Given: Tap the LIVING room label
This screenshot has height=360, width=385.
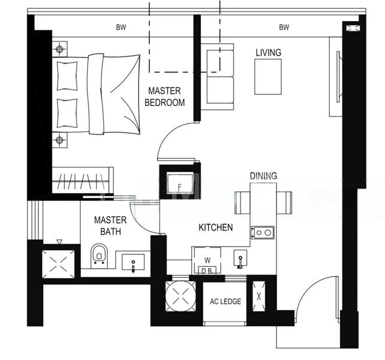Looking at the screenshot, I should [x=268, y=53].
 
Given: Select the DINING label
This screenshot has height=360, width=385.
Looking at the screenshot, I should [x=263, y=176].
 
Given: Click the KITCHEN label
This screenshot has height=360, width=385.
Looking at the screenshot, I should [x=216, y=228].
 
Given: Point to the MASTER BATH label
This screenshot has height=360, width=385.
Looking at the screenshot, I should [x=110, y=226].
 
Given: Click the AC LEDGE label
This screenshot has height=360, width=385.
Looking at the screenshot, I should [x=225, y=302].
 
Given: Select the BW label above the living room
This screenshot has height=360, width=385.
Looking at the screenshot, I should [x=284, y=28].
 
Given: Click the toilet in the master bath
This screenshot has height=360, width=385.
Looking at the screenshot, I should [x=100, y=256].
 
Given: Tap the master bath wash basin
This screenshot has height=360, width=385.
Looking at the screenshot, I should [x=133, y=262].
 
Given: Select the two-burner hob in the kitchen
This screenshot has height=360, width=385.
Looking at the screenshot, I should [x=262, y=232].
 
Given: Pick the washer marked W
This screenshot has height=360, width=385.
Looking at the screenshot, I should [x=207, y=260].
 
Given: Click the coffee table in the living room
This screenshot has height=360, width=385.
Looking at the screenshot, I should [x=267, y=76].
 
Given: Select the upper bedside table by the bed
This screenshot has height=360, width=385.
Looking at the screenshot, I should [x=60, y=49].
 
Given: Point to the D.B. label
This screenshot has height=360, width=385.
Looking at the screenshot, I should [x=207, y=271].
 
